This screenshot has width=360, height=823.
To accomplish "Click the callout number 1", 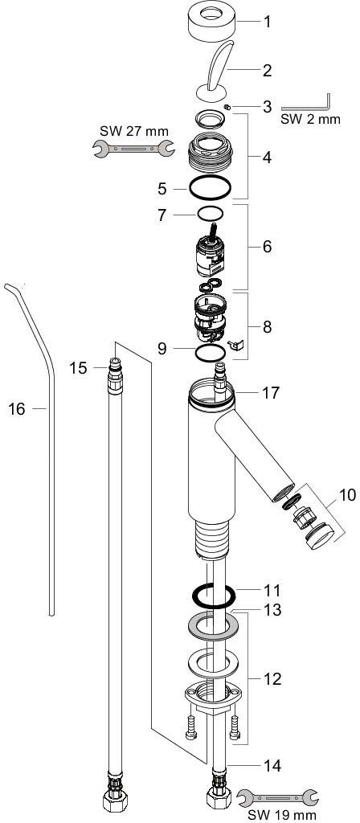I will [268, 23].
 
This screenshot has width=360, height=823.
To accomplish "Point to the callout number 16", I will [17, 409].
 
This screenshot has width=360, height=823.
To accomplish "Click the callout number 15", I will [78, 367].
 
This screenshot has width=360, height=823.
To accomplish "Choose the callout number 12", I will [272, 679].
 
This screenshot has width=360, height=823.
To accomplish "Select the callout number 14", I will [272, 766].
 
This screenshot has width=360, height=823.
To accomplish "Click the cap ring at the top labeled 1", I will [212, 22].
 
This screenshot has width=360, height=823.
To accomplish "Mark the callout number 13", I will [272, 611].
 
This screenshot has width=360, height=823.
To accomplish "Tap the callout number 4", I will [268, 158].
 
